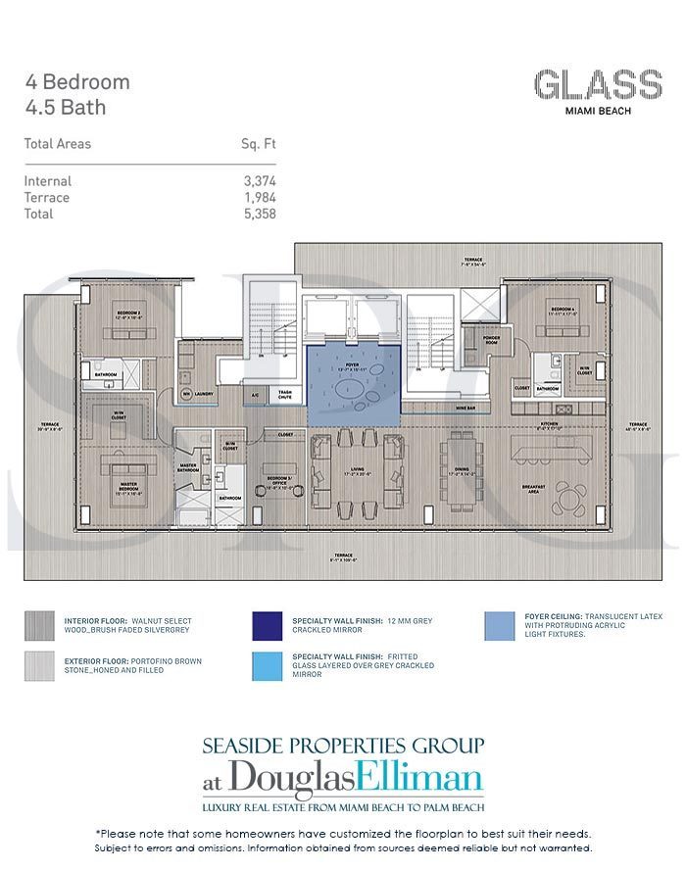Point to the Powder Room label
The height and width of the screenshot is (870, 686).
(491, 339)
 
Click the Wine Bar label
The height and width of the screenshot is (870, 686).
(465, 405)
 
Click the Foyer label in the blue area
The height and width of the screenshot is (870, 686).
(353, 364)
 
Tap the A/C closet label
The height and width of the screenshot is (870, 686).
(255, 395)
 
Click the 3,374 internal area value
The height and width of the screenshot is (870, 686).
(258, 181)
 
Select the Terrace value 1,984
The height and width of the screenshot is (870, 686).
(258, 197)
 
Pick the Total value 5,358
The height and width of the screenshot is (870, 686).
(258, 213)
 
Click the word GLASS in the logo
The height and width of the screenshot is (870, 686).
(597, 85)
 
